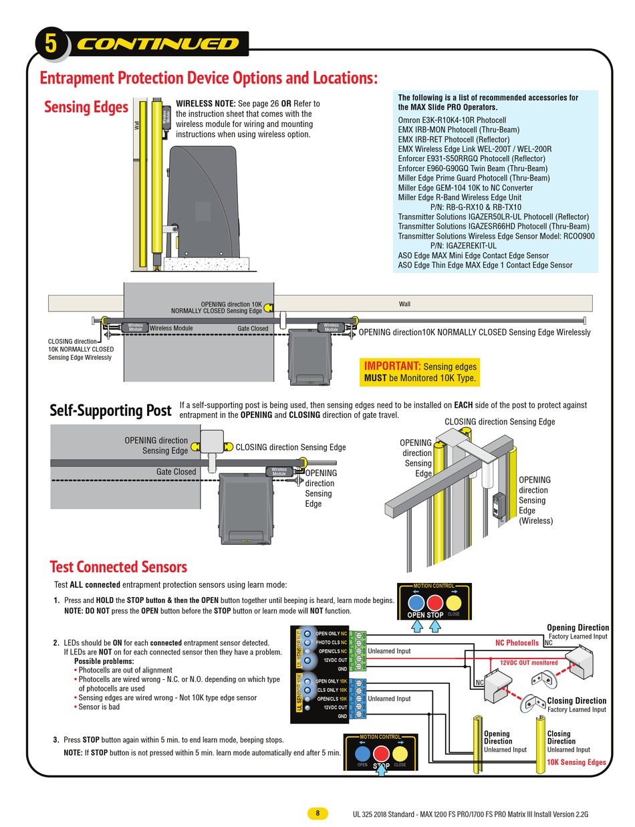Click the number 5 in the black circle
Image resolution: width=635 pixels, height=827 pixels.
51,44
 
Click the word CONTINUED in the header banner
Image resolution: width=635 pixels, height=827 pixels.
158,44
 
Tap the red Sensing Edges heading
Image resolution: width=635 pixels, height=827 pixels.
86,107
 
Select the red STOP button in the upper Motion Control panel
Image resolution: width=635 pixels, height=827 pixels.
435,602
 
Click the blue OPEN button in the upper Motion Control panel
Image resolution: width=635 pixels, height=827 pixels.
416,602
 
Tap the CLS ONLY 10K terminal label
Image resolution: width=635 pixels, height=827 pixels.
332,690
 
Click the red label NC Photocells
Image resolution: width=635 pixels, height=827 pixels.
517,642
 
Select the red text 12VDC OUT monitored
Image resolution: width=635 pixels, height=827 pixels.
529,662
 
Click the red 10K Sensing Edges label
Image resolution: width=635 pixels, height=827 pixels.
576,762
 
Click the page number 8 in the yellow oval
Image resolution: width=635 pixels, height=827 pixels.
317,813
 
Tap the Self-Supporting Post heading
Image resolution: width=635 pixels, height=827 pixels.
110,410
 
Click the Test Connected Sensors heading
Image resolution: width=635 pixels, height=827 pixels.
118,567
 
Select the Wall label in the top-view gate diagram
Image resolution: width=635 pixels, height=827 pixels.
404,304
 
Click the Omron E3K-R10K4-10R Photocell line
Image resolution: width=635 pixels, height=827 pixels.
452,120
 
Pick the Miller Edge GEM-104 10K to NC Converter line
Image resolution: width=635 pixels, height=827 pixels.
465,188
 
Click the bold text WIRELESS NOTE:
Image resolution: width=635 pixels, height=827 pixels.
205,104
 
